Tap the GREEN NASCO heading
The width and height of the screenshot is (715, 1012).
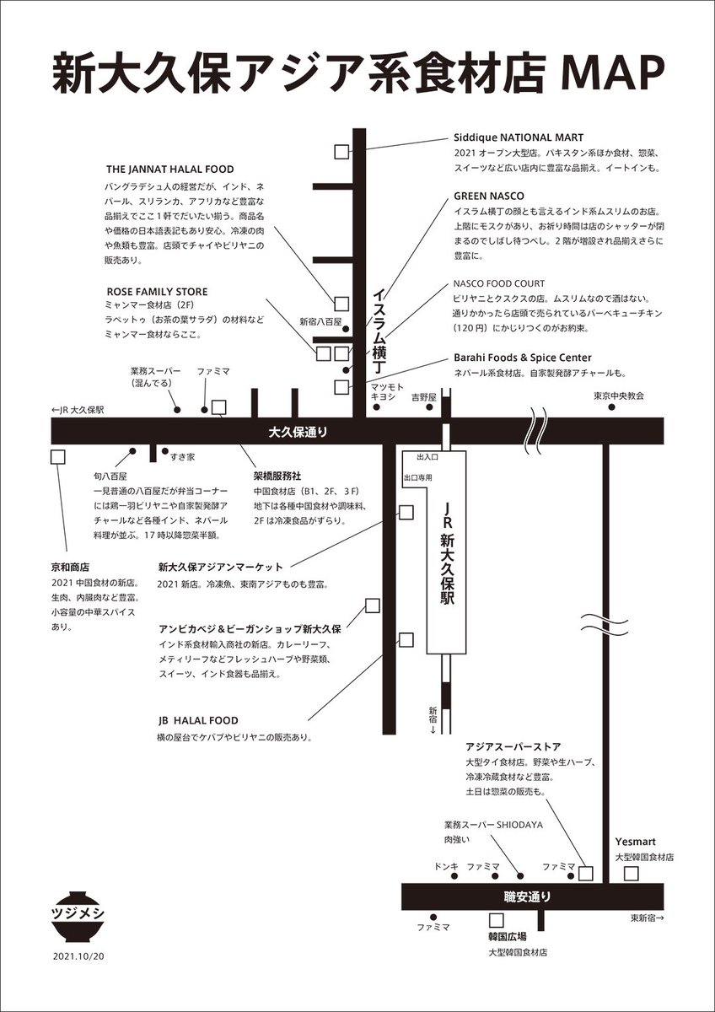[x=488, y=195]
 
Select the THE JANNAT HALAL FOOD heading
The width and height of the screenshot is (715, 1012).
[x=169, y=170]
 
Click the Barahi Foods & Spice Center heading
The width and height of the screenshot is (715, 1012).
[x=522, y=358]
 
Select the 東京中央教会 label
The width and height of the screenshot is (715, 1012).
[x=619, y=395]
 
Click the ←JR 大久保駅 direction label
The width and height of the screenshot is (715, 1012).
[x=77, y=410]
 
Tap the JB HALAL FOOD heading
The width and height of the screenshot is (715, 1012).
[x=197, y=721]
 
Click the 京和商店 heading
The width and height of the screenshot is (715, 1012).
[x=70, y=568]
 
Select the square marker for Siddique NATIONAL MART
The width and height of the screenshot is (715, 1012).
[x=341, y=152]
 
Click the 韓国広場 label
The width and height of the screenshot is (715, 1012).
[x=508, y=937]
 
